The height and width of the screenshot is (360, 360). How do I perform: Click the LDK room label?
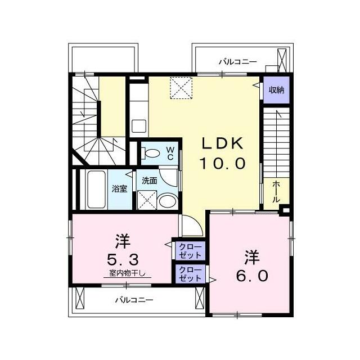tap(223, 143)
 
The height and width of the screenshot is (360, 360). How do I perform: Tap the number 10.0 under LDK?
tap(223, 164)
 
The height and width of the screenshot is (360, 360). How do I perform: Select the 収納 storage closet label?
tap(276, 90)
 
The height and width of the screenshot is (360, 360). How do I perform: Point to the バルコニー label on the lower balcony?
tap(134, 300)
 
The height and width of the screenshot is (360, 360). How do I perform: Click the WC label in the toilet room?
tap(169, 153)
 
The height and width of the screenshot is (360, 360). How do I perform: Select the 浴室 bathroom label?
tap(119, 188)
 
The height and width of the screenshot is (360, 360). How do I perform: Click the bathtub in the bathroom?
tap(93, 189)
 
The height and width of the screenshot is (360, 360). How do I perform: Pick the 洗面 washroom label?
tap(149, 181)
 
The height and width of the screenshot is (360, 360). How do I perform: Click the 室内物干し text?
tap(127, 273)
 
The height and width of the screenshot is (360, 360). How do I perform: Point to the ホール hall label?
tap(277, 191)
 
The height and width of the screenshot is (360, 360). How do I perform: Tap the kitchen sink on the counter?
tap(138, 125)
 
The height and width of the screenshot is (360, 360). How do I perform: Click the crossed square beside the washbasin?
tap(146, 199)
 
